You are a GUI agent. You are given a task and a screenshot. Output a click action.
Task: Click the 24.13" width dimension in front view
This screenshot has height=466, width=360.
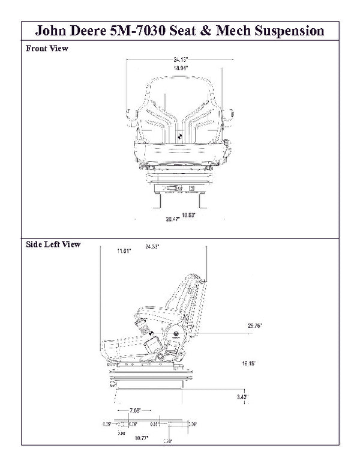click(x=180, y=60)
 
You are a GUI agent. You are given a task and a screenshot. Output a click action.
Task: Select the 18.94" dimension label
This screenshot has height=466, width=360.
click(x=180, y=68)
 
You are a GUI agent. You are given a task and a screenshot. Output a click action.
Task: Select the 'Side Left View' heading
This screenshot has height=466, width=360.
click(x=53, y=244)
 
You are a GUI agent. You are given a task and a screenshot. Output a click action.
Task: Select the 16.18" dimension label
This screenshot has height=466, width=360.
click(x=249, y=363)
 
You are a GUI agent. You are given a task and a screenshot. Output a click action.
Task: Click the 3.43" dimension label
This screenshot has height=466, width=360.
click(x=242, y=397)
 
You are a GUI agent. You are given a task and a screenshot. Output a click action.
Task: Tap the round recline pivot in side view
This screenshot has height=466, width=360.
click(x=178, y=334)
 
